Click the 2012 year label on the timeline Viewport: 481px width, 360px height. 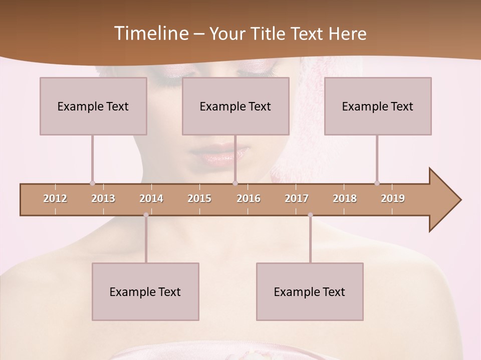[x=55, y=198]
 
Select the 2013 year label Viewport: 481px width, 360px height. [x=103, y=198]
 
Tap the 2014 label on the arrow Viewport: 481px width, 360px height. [x=151, y=198]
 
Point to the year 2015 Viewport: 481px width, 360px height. [x=199, y=198]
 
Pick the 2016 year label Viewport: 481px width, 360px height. [x=249, y=198]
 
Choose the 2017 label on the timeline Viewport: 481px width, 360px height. [x=297, y=198]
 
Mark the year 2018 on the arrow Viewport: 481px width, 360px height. [x=345, y=198]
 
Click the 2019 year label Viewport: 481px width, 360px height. [x=393, y=198]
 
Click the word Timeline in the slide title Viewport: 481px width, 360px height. [x=150, y=33]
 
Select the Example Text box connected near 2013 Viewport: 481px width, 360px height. [x=93, y=106]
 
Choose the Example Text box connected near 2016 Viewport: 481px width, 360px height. [x=235, y=106]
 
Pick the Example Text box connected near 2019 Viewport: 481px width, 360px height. [x=378, y=106]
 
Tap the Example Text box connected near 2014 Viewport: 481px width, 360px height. [x=145, y=291]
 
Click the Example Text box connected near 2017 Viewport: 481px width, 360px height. [x=310, y=291]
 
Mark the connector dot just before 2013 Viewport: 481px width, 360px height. [x=92, y=183]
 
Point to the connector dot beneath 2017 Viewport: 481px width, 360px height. [x=310, y=215]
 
